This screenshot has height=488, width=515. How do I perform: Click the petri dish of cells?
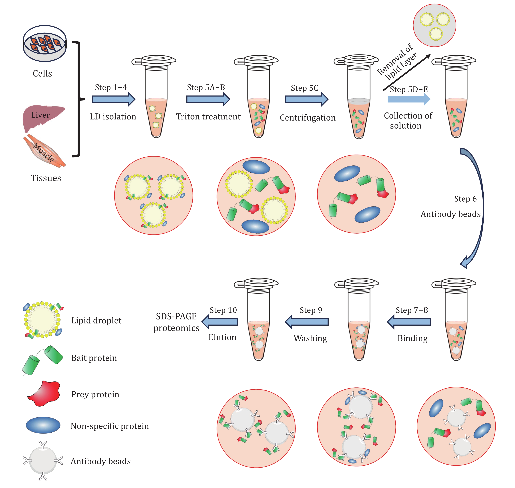tap(45, 43)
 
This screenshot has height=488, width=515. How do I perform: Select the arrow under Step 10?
tap(220, 322)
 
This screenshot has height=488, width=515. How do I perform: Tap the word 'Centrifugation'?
tap(307, 118)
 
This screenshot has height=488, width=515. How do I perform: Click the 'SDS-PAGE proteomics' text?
tap(176, 322)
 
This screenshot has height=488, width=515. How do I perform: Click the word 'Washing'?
tap(310, 338)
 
